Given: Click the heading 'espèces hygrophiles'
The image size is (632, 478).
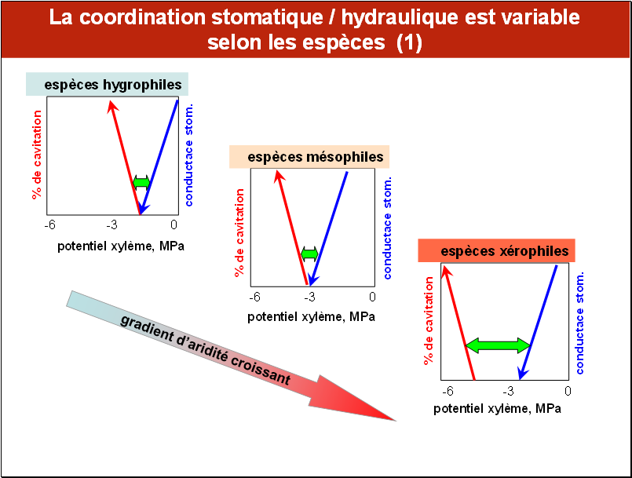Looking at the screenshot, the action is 113,85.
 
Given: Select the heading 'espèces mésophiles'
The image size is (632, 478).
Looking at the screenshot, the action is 315,157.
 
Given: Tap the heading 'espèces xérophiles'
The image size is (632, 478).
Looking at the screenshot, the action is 505,251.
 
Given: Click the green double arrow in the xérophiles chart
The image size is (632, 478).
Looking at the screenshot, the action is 499,345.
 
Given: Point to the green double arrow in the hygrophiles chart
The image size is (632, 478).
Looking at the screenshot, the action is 141,182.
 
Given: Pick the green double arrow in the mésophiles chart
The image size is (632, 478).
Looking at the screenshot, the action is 309,254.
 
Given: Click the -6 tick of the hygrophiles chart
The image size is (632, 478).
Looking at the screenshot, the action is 50,225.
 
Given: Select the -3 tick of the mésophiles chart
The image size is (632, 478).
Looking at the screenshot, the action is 309,297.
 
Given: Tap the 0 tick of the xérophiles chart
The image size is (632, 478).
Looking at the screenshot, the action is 568,391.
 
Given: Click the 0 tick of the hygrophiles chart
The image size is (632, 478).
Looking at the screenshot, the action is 174,224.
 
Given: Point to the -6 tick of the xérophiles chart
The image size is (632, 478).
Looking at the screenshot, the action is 448,391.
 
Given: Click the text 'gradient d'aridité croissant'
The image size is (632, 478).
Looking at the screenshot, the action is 206,349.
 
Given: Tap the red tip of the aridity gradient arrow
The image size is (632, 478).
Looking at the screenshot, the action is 395,421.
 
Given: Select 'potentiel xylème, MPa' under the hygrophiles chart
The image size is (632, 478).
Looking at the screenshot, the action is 121,246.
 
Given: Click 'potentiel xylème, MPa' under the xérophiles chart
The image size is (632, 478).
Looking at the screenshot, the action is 497,409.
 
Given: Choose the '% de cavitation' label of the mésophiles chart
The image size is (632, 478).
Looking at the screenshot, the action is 239,232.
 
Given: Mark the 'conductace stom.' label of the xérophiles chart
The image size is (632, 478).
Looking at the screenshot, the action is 579,323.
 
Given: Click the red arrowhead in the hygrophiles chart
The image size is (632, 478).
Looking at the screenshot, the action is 112,107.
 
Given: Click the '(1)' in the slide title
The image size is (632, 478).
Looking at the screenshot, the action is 409,42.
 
